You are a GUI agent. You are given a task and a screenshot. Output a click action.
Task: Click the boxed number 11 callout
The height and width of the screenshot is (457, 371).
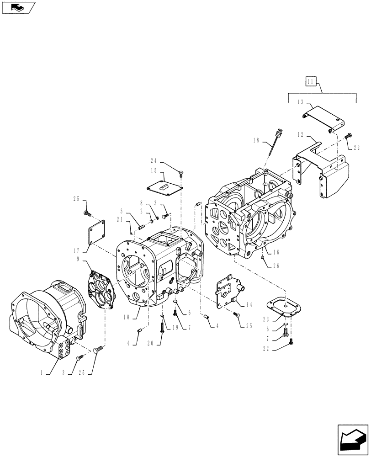tap(311, 82)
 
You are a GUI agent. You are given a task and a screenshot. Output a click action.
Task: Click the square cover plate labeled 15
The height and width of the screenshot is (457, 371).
tap(165, 186)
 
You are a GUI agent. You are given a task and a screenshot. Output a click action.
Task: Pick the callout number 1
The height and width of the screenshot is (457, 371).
tap(42, 372)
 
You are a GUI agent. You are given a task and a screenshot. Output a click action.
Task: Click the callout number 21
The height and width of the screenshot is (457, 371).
tap(120, 219)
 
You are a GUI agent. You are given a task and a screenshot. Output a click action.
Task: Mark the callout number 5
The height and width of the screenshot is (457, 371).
tap(122, 211)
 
